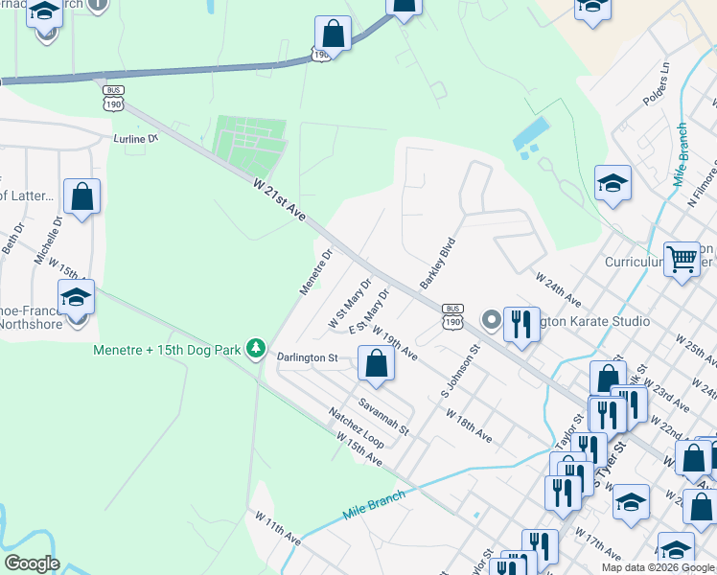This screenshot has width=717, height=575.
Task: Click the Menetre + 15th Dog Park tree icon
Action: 256,348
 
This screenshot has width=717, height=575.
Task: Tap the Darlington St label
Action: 308,357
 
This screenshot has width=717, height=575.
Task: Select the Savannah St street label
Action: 384,416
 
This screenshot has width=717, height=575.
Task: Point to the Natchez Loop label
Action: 356,428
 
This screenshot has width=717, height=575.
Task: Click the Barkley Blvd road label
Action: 435,264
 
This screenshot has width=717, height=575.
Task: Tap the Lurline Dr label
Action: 135,138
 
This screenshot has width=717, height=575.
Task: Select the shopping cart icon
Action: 682,257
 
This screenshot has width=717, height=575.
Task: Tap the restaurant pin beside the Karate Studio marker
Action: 520,322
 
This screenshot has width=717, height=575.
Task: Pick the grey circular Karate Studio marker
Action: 491,319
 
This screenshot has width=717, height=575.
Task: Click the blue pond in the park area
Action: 531,137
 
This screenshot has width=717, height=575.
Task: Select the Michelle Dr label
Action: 48,239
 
